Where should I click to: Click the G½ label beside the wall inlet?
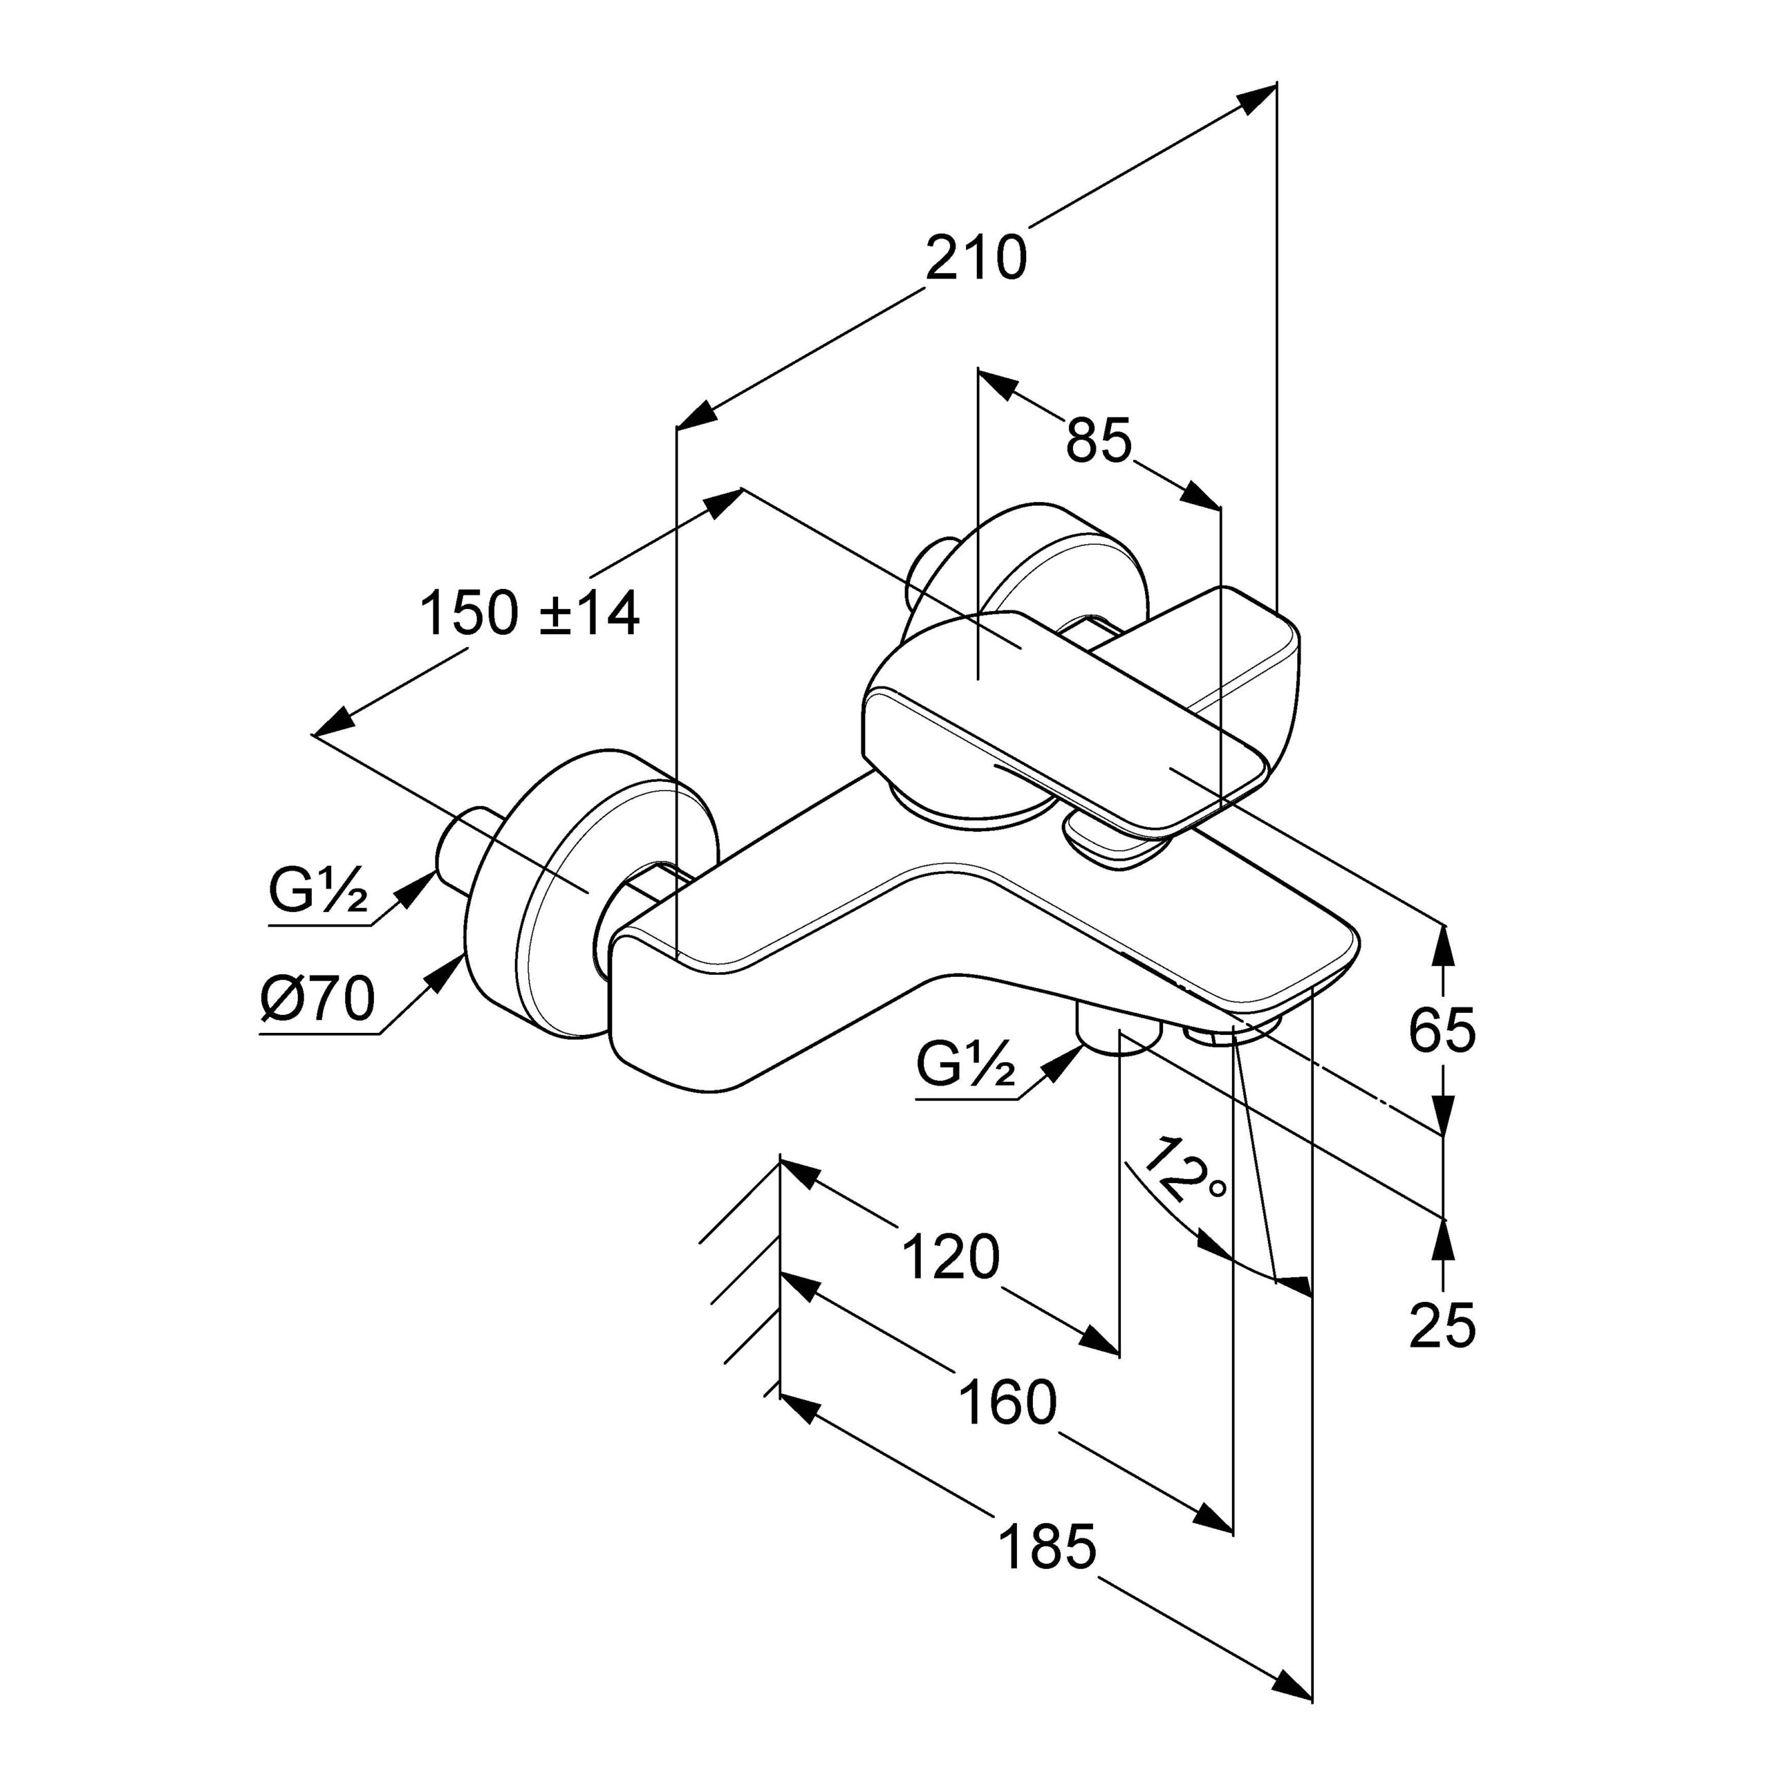coord(318,890)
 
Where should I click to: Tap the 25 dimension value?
coord(1442,1324)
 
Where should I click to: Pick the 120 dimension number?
coord(950,1256)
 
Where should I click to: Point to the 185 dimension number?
coord(1046,1547)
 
